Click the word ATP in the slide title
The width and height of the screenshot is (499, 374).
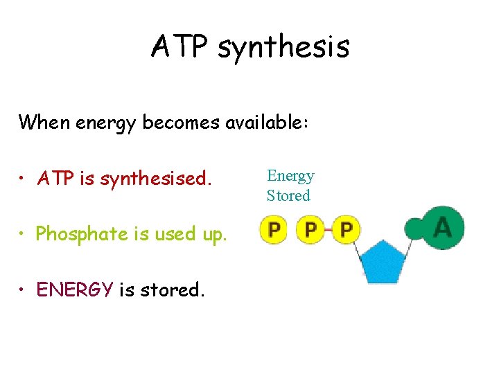click(x=180, y=46)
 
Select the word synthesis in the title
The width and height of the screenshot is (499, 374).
click(x=283, y=48)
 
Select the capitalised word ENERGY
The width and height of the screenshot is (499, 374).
click(x=74, y=290)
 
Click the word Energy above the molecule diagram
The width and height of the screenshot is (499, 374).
click(x=290, y=176)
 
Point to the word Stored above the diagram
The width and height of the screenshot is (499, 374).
click(x=288, y=195)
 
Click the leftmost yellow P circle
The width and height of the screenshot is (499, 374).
click(x=274, y=229)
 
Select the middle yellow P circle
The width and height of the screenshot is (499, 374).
click(x=310, y=229)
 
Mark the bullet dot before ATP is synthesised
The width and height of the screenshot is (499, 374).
click(x=24, y=180)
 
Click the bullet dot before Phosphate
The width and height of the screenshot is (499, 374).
click(x=24, y=235)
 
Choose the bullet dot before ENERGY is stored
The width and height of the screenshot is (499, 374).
click(x=24, y=290)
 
